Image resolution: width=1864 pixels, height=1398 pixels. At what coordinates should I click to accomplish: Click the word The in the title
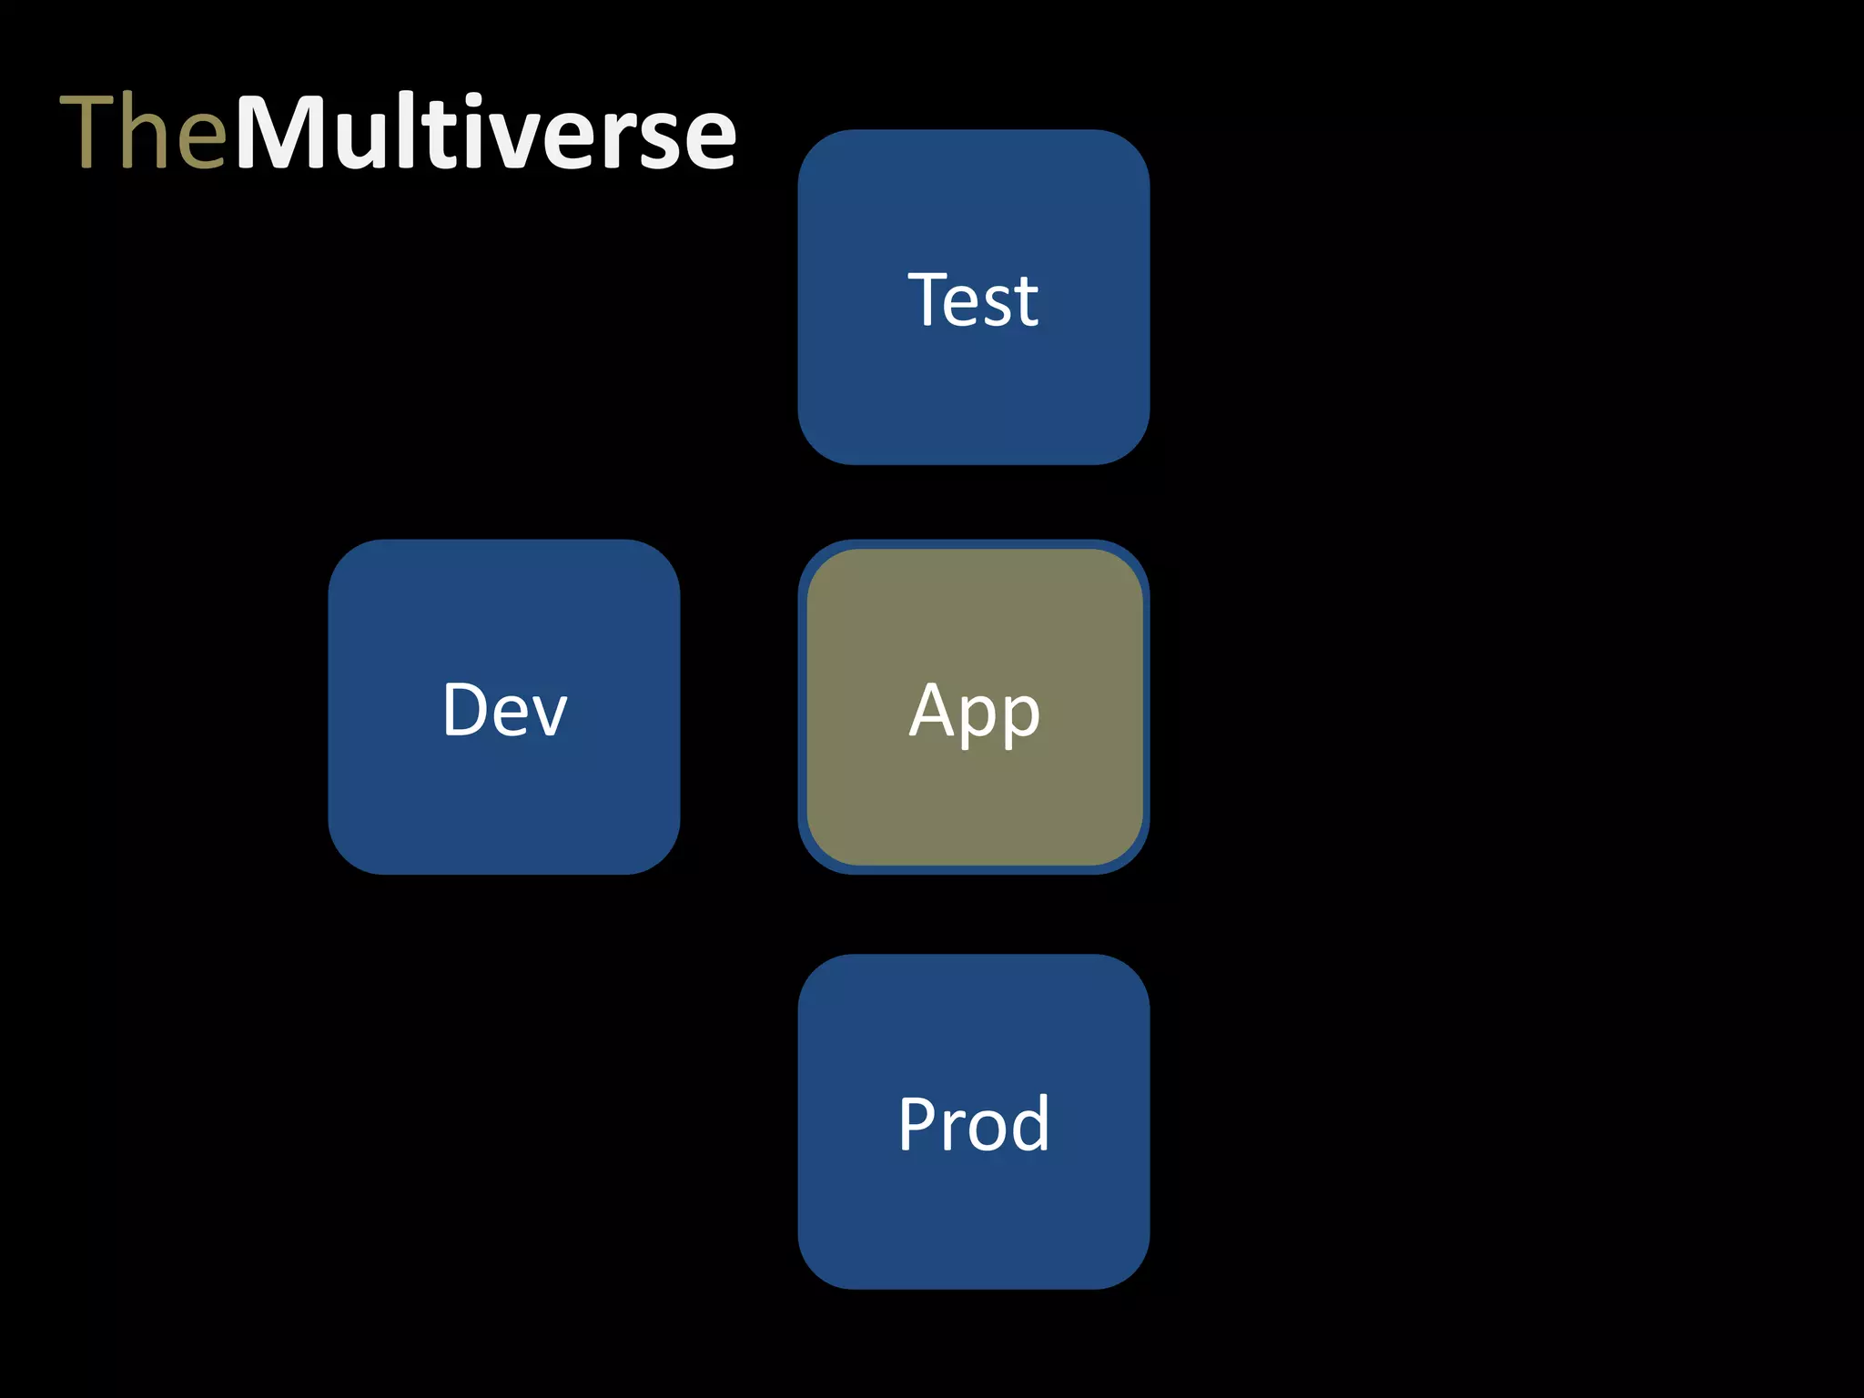pos(143,132)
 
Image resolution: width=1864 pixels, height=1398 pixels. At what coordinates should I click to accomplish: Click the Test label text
pos(973,299)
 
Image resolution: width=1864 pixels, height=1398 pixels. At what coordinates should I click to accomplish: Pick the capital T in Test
pos(928,299)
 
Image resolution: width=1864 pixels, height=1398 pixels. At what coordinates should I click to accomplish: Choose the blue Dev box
pos(503,801)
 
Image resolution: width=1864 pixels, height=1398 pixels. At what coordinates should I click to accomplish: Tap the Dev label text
pos(504,709)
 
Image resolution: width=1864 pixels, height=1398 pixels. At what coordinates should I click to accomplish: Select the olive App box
pos(973,801)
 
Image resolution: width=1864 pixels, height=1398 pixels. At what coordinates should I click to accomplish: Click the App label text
pos(974,711)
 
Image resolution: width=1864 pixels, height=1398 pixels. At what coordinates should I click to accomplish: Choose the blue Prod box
pos(973,1220)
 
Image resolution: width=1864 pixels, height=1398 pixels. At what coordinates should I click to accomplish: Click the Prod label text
pos(973,1123)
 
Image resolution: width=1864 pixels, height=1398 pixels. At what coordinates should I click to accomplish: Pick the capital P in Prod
pos(917,1123)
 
